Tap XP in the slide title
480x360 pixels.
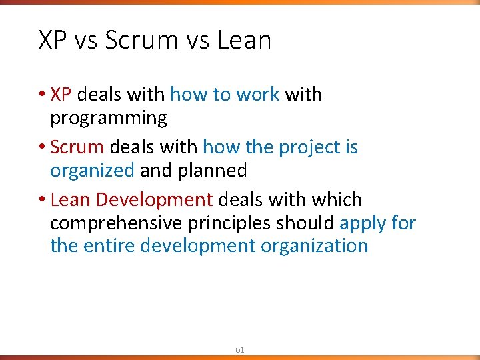tap(53, 41)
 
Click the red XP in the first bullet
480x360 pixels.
tap(61, 95)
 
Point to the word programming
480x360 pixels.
tap(109, 119)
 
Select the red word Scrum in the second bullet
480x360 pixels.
tap(77, 147)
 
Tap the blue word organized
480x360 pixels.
tap(92, 171)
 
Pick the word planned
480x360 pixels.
tap(212, 171)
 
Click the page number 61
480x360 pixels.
tap(240, 349)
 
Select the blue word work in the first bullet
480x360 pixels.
tap(257, 95)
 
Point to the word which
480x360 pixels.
tap(338, 199)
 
